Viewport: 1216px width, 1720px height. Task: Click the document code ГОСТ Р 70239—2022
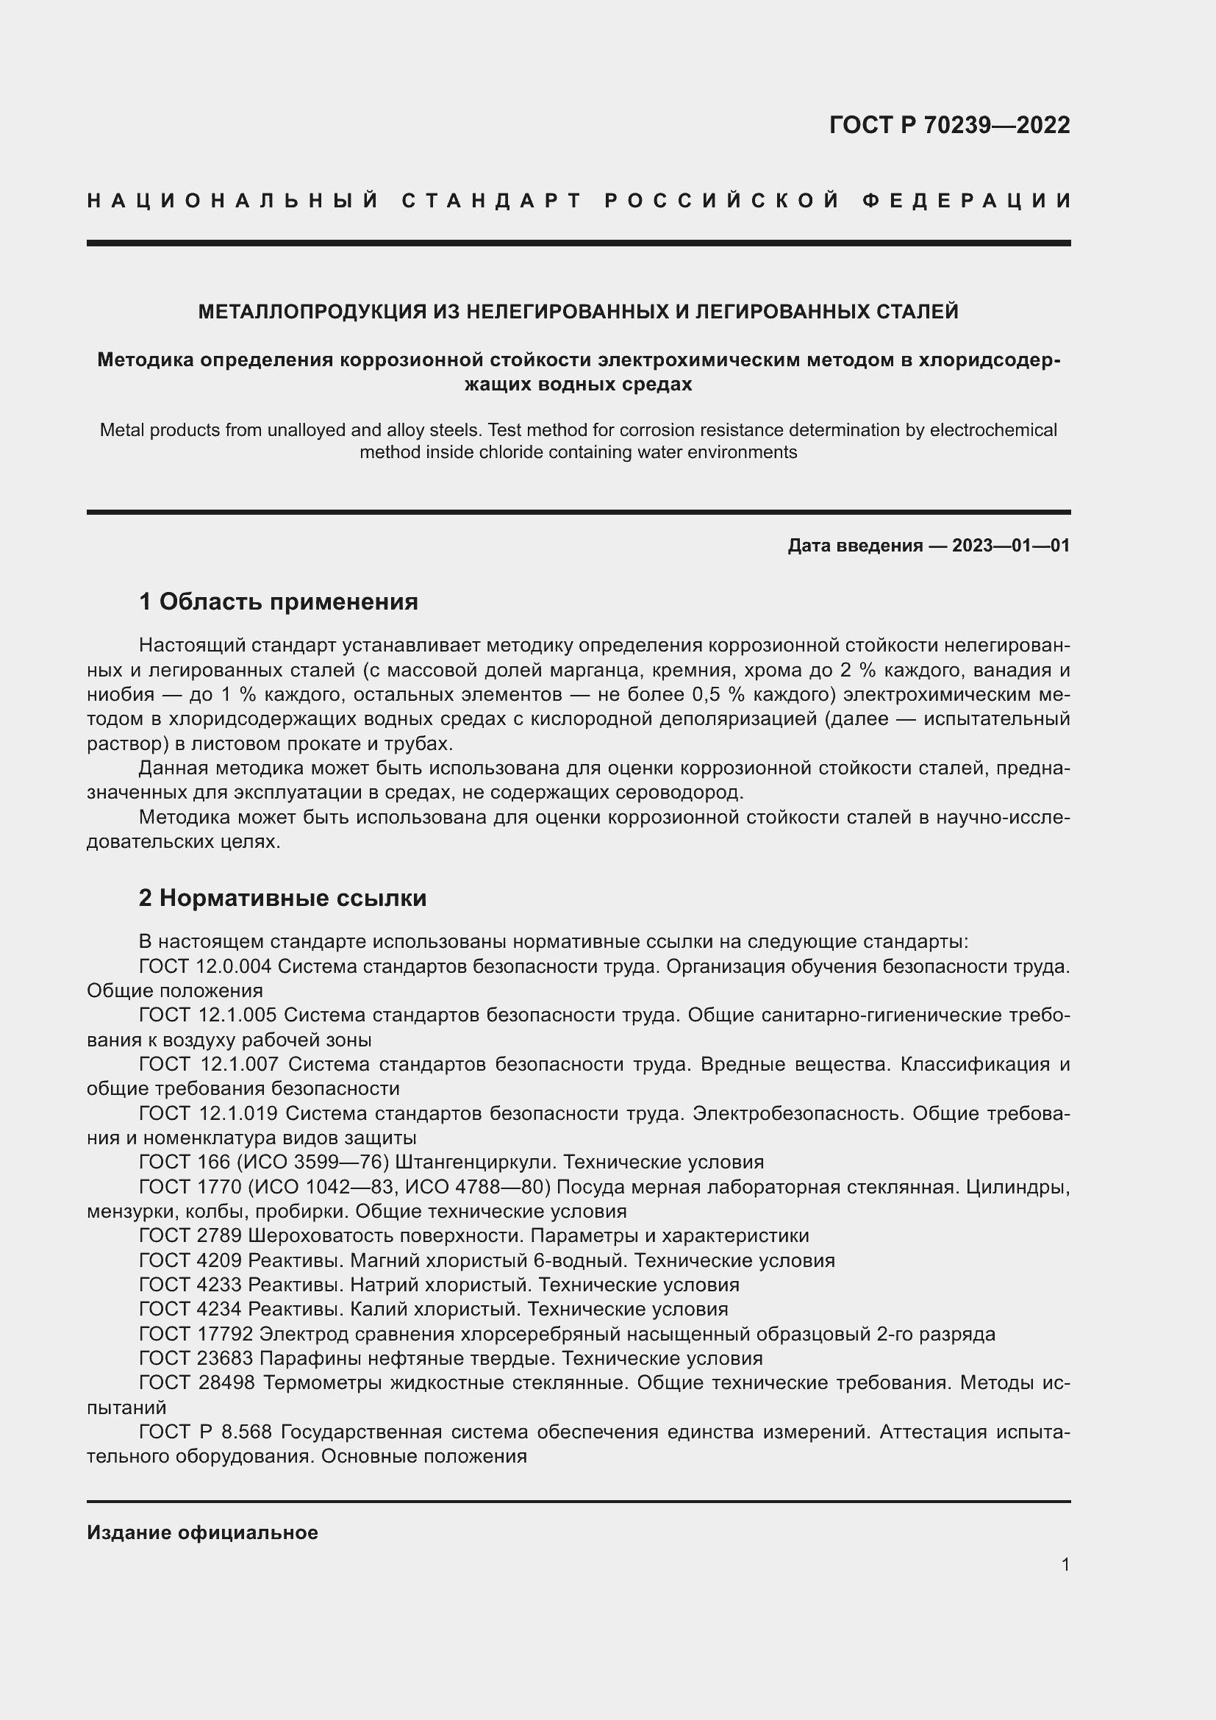(948, 125)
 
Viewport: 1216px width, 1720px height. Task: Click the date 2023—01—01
(1010, 546)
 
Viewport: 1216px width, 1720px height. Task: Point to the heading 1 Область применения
(279, 602)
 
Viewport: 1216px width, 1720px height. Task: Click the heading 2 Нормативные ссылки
(282, 897)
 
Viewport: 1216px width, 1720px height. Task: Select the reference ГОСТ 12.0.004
(205, 966)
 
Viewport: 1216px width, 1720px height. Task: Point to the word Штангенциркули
(475, 1163)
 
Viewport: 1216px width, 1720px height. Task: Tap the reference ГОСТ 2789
(190, 1235)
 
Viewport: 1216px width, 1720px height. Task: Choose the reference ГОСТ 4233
(190, 1285)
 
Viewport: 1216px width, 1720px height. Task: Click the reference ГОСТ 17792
(197, 1334)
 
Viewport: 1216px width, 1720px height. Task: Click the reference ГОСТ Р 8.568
(206, 1432)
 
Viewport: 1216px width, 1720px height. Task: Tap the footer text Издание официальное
(202, 1532)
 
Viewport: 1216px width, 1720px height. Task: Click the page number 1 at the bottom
(1065, 1564)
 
